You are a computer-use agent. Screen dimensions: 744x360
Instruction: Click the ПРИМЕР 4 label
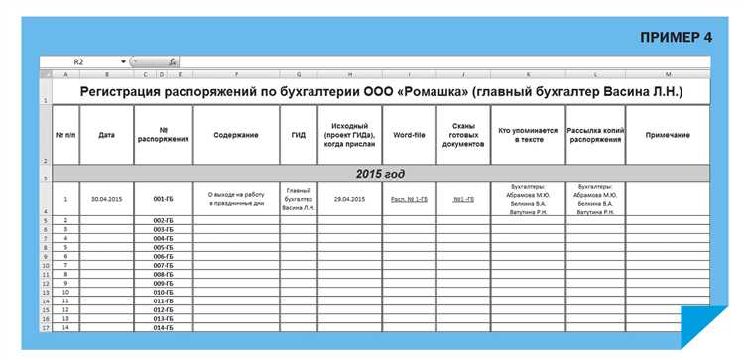coord(677,37)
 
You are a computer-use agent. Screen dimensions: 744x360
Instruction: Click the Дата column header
coord(106,135)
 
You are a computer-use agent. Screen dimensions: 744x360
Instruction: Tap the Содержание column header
coord(236,135)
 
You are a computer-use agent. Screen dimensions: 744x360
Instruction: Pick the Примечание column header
coord(668,135)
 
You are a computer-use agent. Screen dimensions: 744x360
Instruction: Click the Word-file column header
coord(409,135)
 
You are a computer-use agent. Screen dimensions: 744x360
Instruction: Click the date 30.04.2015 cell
coord(106,199)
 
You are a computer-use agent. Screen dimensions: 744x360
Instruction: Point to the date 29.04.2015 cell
coord(349,199)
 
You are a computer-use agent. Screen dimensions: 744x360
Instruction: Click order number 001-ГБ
coord(164,199)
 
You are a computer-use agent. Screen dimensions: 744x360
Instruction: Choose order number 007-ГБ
coord(164,266)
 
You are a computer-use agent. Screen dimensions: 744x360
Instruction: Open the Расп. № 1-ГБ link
coord(409,199)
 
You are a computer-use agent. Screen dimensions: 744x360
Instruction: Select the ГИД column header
coord(298,135)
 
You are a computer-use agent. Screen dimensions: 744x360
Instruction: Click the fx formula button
coord(172,61)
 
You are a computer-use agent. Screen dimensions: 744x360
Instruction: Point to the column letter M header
coord(668,75)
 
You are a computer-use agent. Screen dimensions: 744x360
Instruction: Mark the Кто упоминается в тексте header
coord(526,135)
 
